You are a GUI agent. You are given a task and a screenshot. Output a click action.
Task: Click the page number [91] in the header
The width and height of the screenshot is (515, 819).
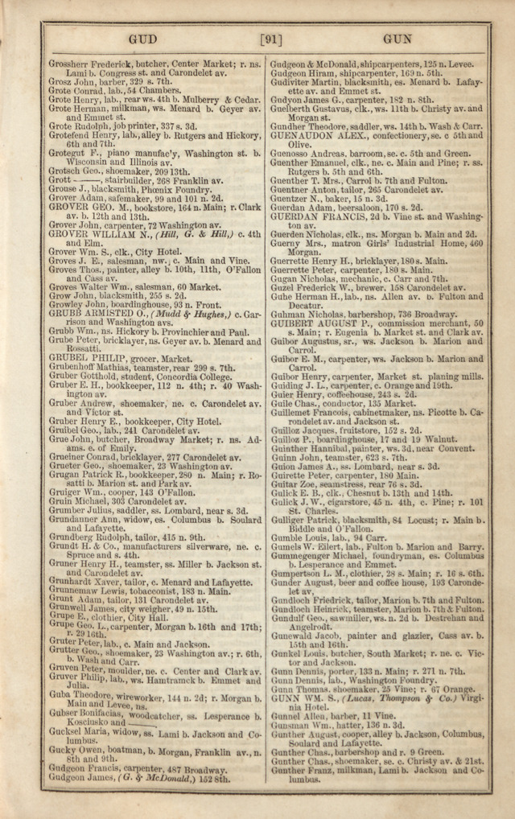tap(270, 38)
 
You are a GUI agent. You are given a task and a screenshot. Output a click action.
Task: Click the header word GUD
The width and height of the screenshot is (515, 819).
tap(142, 38)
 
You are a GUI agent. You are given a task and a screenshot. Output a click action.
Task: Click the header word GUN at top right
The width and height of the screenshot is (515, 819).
tap(398, 38)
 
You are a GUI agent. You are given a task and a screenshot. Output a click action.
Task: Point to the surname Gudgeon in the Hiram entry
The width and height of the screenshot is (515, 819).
tap(290, 72)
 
